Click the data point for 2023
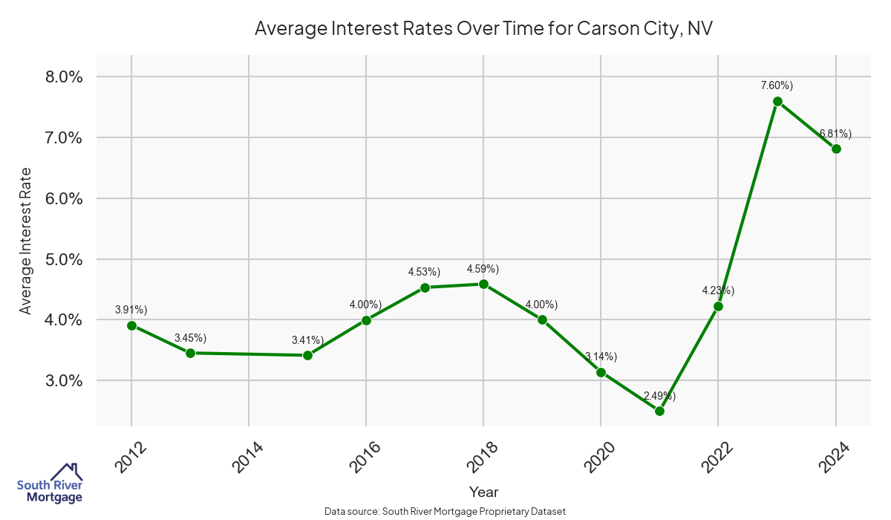[777, 101]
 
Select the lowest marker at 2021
[659, 411]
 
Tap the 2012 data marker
[131, 325]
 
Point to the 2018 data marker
[483, 284]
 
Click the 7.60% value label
[777, 85]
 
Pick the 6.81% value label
[835, 134]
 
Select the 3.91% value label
[131, 309]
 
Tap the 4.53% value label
[425, 272]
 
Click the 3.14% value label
[601, 357]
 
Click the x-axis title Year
[483, 492]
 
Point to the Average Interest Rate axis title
[26, 240]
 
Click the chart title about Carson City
[483, 28]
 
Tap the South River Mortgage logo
[50, 484]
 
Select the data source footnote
[445, 512]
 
